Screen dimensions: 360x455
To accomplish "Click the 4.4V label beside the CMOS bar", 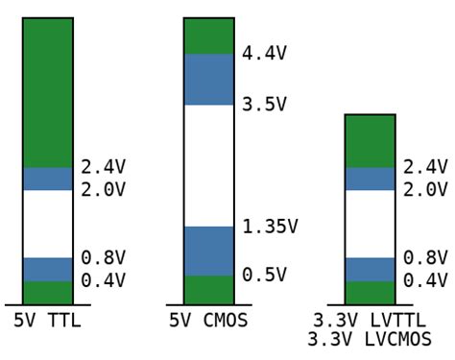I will [x=264, y=54].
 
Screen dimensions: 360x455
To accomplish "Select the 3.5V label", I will [x=264, y=105].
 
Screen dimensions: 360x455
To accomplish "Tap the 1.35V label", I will [x=270, y=227].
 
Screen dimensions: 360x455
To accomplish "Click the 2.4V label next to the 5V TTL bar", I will [x=103, y=167].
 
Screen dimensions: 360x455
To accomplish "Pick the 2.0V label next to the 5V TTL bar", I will [x=103, y=190].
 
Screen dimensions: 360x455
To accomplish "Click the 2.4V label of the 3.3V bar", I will [x=425, y=167].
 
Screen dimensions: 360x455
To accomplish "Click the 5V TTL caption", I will [x=47, y=321].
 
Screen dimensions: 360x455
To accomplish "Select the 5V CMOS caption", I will [x=208, y=321].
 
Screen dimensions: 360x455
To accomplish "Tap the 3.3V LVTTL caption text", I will [x=370, y=321].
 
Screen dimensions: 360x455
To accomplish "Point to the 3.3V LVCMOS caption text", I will [x=370, y=340].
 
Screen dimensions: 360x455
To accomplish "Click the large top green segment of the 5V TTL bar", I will [x=48, y=92].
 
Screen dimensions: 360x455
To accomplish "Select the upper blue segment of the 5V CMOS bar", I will [x=208, y=79].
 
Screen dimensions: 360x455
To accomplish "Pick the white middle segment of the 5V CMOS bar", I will [x=208, y=165].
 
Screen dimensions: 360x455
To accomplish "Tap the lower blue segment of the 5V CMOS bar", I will [x=208, y=251].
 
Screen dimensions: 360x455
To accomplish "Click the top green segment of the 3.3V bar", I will [x=370, y=141].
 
